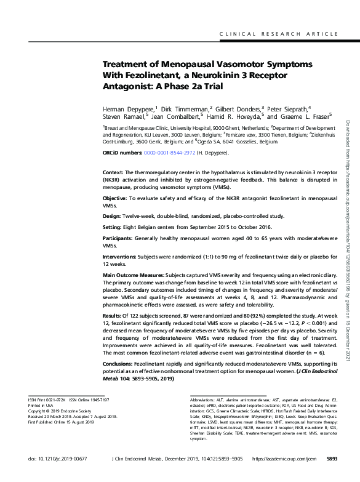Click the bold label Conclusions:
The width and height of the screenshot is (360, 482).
pos(118,364)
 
